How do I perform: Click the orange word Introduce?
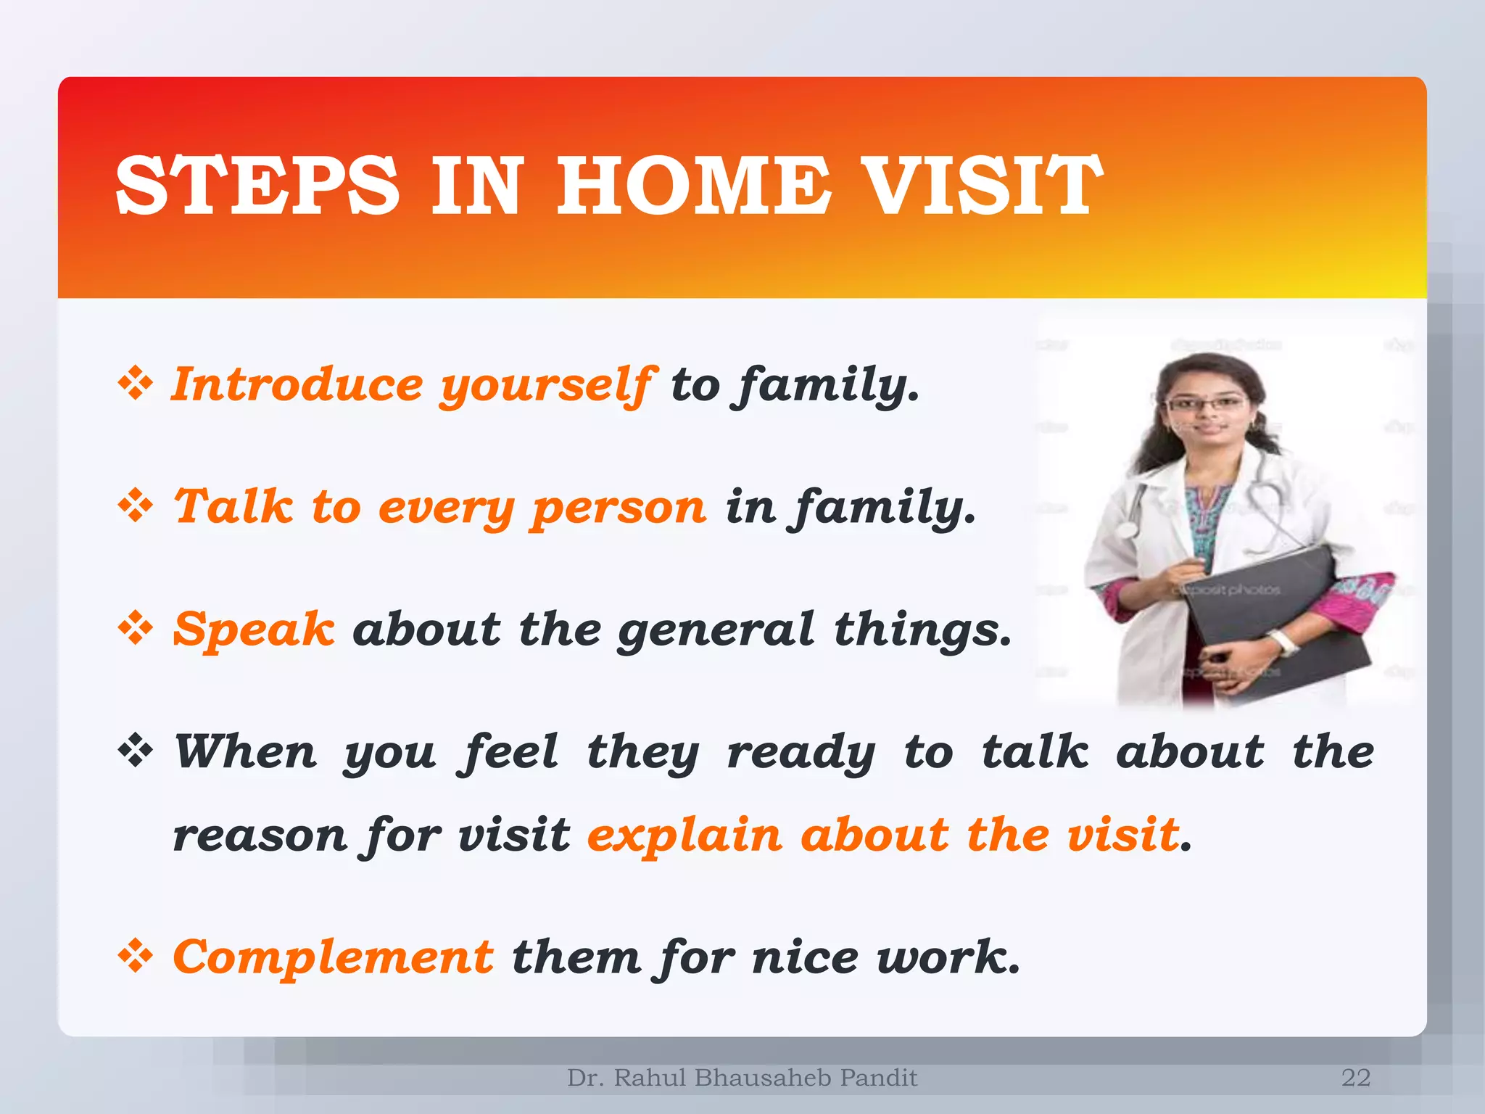297,384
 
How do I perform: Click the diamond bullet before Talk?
136,506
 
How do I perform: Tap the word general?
716,630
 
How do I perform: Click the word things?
922,630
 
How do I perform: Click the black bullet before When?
136,751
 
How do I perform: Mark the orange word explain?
684,835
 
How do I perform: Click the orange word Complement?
334,957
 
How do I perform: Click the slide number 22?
1355,1078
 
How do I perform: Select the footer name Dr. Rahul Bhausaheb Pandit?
742,1078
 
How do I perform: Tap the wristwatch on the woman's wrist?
1284,643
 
